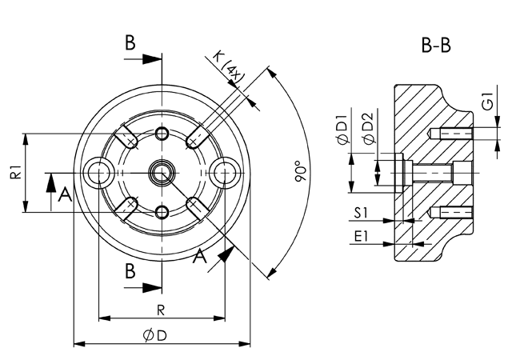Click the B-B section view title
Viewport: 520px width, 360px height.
click(x=436, y=46)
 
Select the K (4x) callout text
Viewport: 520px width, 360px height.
click(x=230, y=70)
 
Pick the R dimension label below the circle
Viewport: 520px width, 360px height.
click(x=161, y=309)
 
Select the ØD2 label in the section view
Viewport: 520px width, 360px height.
click(x=367, y=130)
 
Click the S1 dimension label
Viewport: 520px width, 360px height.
click(x=362, y=214)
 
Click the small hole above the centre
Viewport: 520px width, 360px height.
click(x=162, y=132)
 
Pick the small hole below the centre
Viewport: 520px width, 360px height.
click(x=162, y=211)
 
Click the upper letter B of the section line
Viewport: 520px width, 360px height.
click(x=130, y=44)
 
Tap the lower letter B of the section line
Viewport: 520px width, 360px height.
click(x=130, y=271)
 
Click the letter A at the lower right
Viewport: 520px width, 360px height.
click(x=202, y=255)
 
